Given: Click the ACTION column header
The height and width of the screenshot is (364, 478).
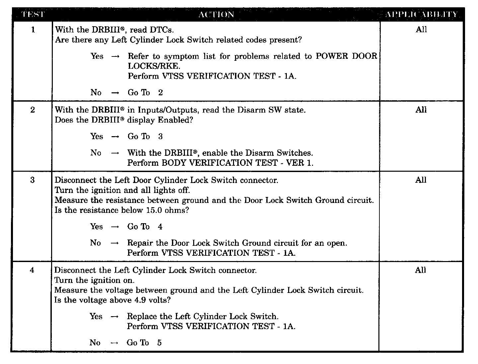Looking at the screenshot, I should (216, 15).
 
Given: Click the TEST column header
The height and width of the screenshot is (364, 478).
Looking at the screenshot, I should (33, 15).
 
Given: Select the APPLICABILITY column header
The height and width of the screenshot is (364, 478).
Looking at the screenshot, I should (421, 15).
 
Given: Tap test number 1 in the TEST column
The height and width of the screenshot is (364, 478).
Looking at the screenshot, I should (33, 30).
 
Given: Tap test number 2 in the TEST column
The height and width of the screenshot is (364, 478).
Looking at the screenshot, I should (33, 110).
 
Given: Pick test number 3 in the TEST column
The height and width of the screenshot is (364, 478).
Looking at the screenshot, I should (32, 180).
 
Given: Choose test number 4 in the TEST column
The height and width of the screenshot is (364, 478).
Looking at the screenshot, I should (32, 270).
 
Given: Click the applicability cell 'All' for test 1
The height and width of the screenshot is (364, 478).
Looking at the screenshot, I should (421, 30).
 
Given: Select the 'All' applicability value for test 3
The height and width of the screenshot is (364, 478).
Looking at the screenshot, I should (421, 180).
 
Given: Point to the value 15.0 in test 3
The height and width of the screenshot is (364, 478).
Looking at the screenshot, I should (153, 210).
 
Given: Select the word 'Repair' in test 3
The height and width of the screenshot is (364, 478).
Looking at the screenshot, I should (139, 243).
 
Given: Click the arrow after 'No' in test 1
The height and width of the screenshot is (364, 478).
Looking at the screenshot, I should (115, 93).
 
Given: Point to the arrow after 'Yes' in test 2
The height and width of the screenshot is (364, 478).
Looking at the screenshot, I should (115, 137).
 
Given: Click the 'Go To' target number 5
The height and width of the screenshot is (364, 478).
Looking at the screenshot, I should (159, 343).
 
